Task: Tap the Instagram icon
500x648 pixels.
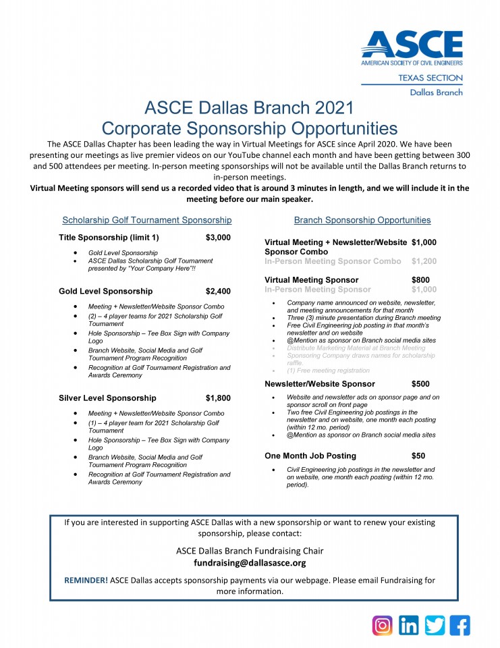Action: [x=383, y=625]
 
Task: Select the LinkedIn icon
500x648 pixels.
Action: [x=408, y=625]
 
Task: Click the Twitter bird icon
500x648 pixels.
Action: [x=435, y=625]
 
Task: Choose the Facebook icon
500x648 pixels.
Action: [x=460, y=625]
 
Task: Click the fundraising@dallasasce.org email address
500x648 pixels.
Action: [x=250, y=562]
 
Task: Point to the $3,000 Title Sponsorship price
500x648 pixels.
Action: [x=218, y=238]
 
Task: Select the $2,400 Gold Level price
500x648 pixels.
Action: [x=218, y=292]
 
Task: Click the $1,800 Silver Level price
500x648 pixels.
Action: [x=218, y=398]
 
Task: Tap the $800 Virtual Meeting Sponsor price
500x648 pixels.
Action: [x=420, y=279]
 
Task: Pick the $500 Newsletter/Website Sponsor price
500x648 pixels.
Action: [x=420, y=384]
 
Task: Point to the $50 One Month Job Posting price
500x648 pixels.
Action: [x=418, y=456]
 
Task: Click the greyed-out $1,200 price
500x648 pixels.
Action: [x=424, y=261]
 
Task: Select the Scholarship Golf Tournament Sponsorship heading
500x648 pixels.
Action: [x=147, y=220]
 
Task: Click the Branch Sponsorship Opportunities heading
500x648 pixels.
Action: [x=362, y=220]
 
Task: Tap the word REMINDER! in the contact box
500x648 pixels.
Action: [x=86, y=580]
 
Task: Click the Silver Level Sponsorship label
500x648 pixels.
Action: [x=107, y=398]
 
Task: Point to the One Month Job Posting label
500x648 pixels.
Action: [x=310, y=456]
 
